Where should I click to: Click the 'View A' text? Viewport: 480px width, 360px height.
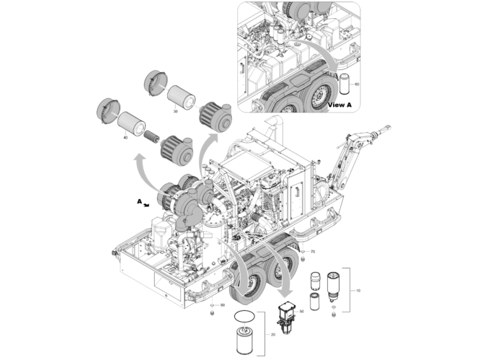coord(339,105)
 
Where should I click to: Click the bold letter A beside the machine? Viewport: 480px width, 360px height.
coord(139,202)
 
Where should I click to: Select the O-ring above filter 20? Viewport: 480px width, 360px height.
coord(244,316)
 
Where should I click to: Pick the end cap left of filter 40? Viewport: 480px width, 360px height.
coord(106,113)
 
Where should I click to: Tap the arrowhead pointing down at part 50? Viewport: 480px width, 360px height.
coord(288,294)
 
